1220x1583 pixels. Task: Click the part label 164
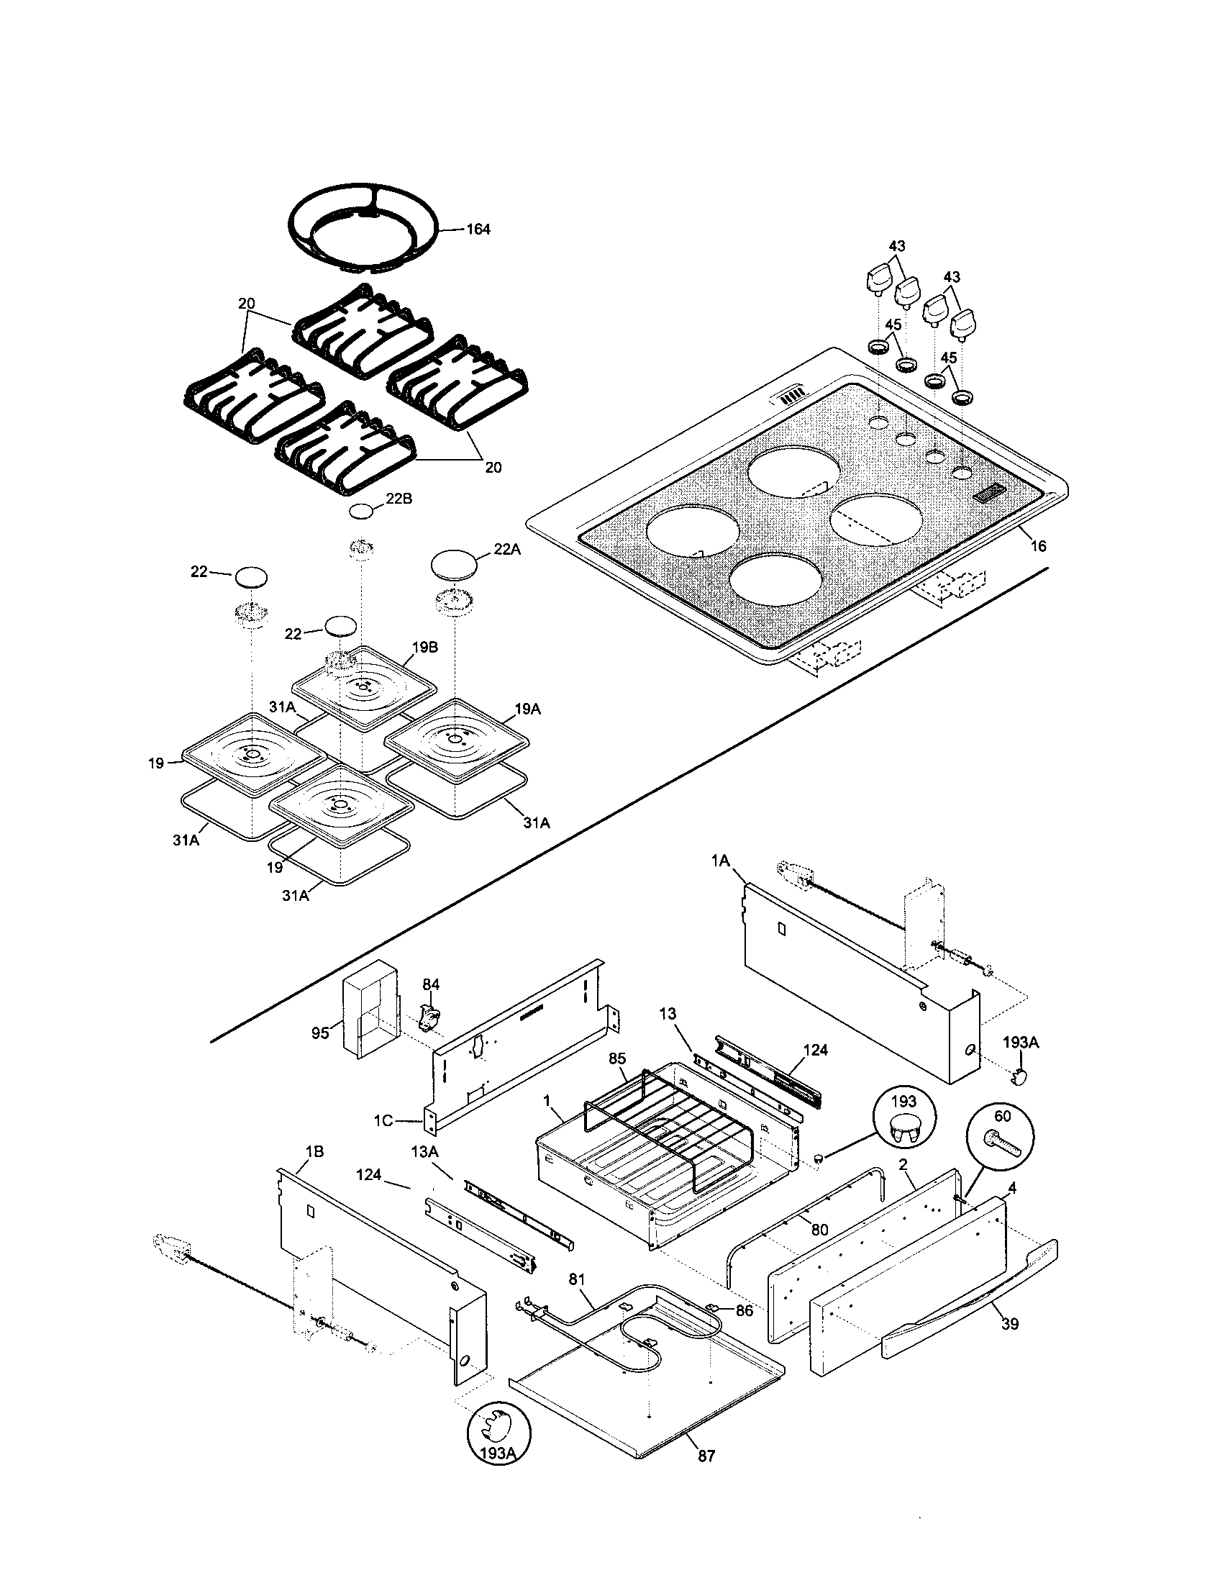coord(478,230)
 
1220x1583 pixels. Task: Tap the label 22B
coord(399,499)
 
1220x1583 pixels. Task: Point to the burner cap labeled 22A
coord(454,563)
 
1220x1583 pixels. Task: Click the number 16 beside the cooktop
coord(1038,546)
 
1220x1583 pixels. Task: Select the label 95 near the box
coord(320,1033)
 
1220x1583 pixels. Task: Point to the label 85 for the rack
coord(617,1059)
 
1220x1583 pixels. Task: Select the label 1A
coord(720,860)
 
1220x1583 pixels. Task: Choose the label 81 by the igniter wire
coord(577,1280)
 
